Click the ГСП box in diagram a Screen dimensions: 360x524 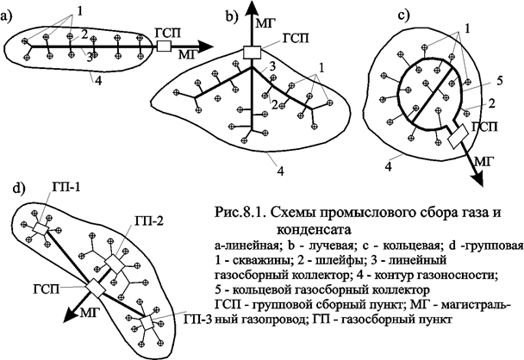[163, 45]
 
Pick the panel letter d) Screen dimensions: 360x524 [11, 187]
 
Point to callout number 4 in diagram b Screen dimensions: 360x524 [280, 171]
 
